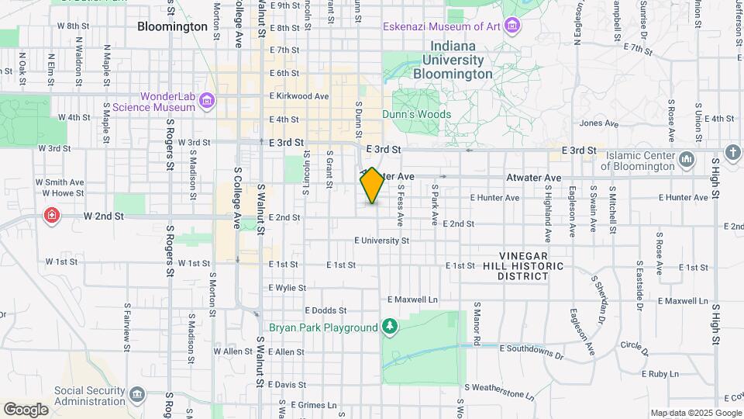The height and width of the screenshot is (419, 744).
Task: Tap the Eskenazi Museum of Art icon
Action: [511, 26]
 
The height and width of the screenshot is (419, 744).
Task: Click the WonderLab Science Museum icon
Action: [207, 101]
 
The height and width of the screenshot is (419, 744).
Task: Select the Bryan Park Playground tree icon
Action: [390, 327]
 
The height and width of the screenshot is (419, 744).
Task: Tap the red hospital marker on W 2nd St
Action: [52, 214]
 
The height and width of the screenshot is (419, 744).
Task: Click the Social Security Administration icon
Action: [137, 394]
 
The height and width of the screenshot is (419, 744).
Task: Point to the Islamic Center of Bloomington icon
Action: [686, 160]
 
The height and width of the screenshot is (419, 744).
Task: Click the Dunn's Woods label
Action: [416, 114]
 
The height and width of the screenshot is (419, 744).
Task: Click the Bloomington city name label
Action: [172, 26]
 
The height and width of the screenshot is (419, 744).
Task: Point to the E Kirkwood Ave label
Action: [299, 96]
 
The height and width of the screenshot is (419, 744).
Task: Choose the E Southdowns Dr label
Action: [531, 351]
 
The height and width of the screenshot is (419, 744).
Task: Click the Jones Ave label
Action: [599, 123]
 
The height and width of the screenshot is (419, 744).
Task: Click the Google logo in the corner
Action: [26, 409]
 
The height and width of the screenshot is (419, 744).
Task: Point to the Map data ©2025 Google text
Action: [695, 413]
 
